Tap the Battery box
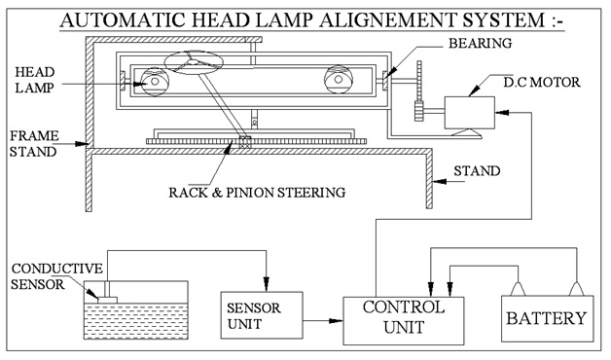545,318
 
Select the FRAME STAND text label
33,143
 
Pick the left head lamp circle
155,82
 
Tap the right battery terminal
576,291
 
